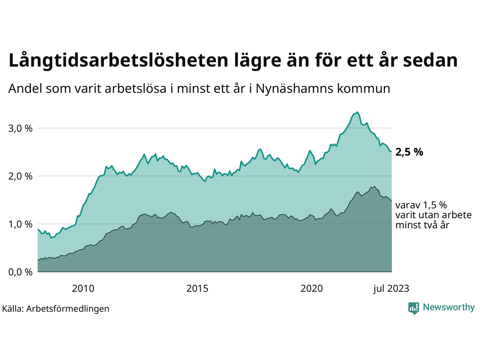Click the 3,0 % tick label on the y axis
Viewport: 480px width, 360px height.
point(20,128)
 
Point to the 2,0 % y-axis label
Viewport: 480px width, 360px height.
point(20,176)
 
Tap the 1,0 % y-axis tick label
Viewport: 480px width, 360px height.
point(20,224)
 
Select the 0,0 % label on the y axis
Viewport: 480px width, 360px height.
point(20,272)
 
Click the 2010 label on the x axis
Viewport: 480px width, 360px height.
point(83,288)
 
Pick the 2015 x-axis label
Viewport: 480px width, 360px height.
point(198,288)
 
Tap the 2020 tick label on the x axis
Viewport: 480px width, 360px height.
point(312,288)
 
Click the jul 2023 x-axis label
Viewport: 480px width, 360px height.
point(391,288)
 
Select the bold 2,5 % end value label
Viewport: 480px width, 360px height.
point(409,152)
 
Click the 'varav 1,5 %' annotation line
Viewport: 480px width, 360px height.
point(421,205)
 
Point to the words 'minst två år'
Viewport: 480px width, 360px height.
point(422,225)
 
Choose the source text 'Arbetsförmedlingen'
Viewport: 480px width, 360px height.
point(68,309)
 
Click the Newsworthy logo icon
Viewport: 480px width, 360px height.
point(414,308)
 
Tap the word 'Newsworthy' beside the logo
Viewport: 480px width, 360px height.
point(448,307)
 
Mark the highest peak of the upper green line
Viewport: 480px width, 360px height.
point(358,112)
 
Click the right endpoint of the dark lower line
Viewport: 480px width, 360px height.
point(391,201)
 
